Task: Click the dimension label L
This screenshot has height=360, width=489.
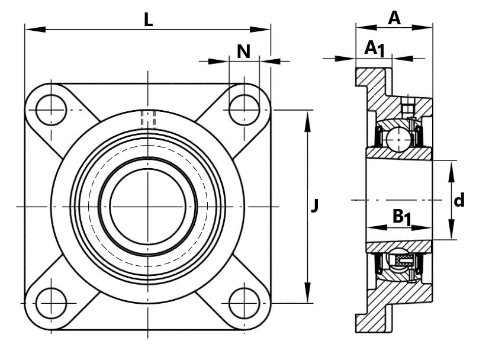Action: tap(149, 20)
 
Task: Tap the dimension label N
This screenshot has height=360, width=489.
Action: tap(243, 52)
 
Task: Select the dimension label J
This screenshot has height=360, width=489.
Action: tap(315, 206)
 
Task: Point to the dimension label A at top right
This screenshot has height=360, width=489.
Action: tap(394, 18)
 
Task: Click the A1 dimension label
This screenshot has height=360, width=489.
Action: tap(375, 49)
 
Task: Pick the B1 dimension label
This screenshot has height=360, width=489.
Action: tap(401, 217)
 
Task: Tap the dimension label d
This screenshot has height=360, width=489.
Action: tap(459, 200)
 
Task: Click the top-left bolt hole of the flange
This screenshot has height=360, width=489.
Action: tap(51, 110)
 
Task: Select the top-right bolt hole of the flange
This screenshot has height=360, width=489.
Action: tap(244, 110)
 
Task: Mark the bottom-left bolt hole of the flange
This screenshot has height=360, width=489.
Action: tap(51, 303)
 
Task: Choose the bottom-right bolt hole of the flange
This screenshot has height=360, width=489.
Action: tap(244, 303)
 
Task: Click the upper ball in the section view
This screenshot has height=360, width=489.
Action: tap(398, 140)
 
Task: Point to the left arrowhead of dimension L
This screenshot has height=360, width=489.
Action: tap(36, 30)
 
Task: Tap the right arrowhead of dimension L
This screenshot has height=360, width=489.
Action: tap(260, 30)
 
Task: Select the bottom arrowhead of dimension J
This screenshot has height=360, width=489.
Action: tap(308, 292)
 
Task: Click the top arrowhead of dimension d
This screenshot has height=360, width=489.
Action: tap(451, 171)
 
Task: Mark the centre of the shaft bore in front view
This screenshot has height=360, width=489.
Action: tap(147, 207)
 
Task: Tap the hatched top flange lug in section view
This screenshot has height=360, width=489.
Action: tap(373, 82)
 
